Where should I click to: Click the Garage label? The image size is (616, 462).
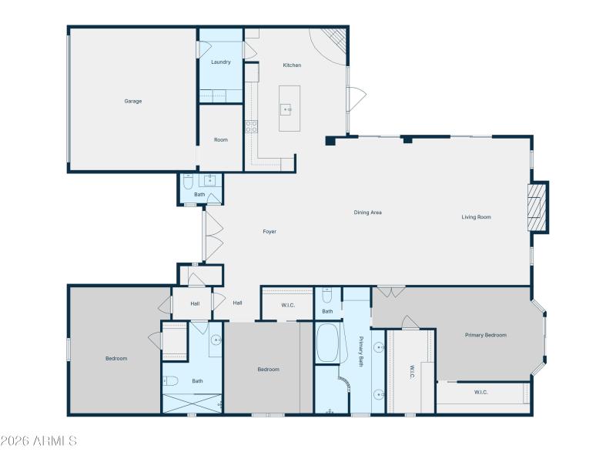click(133, 101)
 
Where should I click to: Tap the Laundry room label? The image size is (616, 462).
click(221, 62)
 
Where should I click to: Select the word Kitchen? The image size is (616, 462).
click(292, 65)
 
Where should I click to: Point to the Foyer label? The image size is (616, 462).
click(269, 232)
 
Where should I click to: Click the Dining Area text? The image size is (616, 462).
click(368, 213)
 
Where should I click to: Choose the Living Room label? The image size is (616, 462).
click(476, 217)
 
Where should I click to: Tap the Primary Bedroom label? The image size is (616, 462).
click(486, 335)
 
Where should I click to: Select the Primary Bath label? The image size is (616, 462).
click(360, 351)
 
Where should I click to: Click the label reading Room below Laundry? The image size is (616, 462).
click(221, 140)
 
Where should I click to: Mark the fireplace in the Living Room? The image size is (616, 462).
click(537, 206)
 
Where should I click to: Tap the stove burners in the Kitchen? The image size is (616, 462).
click(251, 127)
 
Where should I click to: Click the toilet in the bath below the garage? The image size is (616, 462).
click(189, 182)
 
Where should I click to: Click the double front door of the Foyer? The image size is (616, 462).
click(212, 236)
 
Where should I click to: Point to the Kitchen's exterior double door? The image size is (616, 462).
click(356, 99)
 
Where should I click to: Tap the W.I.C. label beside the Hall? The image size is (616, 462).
click(288, 306)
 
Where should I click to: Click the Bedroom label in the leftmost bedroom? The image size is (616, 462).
click(116, 359)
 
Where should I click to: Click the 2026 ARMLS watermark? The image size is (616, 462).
click(38, 441)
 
